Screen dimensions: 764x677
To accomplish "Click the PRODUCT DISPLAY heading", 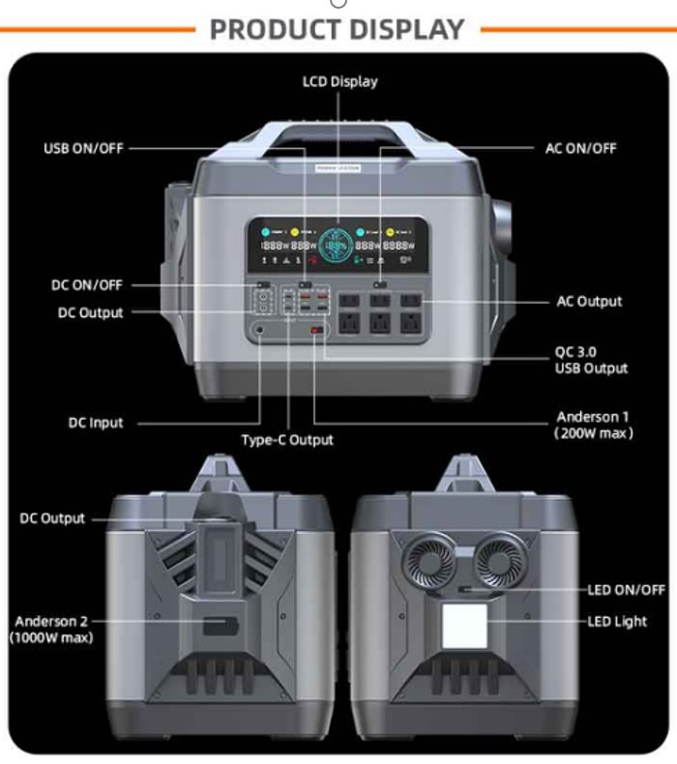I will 338,29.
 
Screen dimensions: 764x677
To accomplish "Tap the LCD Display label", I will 338,82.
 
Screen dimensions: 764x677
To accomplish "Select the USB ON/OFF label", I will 84,149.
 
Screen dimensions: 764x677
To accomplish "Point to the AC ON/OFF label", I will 580,149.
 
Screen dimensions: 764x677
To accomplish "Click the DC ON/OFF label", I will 87,285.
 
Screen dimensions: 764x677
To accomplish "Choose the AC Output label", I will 589,302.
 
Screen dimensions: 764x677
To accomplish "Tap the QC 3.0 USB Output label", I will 590,360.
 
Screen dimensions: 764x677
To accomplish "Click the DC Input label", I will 96,423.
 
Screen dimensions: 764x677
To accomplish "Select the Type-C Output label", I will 287,440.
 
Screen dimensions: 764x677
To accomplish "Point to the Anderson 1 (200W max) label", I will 593,425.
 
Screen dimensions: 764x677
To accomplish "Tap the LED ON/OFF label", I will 626,589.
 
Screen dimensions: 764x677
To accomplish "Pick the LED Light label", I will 617,621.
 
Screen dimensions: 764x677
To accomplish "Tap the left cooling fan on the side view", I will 428,560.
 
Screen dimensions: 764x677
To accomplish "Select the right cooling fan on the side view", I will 501,560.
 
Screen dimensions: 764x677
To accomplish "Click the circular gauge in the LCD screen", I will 338,246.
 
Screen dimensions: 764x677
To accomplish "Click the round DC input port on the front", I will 259,331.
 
